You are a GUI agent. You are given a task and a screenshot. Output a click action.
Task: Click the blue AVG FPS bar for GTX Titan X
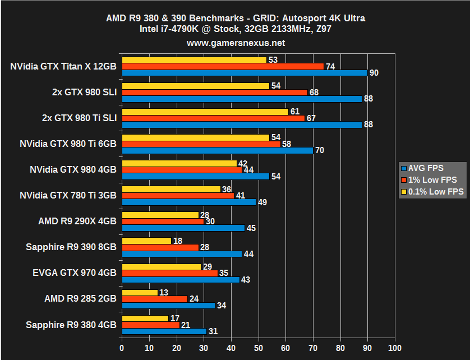(x=245, y=72)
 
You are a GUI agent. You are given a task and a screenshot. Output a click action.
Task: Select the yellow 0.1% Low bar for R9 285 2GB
(x=140, y=292)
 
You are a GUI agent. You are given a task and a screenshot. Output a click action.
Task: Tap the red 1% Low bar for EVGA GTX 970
(x=170, y=273)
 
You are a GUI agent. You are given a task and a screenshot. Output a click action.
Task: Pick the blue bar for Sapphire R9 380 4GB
(x=164, y=331)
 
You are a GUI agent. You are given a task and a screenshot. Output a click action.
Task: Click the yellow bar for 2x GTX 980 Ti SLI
(x=205, y=112)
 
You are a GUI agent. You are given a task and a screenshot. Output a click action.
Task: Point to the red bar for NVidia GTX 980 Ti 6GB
(x=201, y=144)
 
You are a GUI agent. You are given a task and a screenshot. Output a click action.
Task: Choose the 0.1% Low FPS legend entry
(x=432, y=191)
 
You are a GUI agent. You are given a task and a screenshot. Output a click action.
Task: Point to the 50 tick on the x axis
(x=259, y=348)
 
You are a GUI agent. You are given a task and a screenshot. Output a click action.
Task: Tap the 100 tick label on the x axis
(x=395, y=348)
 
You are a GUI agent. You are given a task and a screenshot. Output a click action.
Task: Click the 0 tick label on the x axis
(x=122, y=348)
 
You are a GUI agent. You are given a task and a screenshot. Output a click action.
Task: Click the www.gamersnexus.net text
(x=236, y=43)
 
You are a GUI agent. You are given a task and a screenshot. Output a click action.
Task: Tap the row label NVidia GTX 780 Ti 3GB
(x=68, y=195)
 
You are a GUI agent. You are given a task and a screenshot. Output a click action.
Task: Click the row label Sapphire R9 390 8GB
(x=71, y=247)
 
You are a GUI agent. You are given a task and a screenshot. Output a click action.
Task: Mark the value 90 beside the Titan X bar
(x=374, y=73)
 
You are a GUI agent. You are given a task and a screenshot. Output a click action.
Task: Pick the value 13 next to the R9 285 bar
(x=164, y=292)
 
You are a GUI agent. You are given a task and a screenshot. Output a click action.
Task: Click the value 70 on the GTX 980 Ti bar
(x=319, y=150)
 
